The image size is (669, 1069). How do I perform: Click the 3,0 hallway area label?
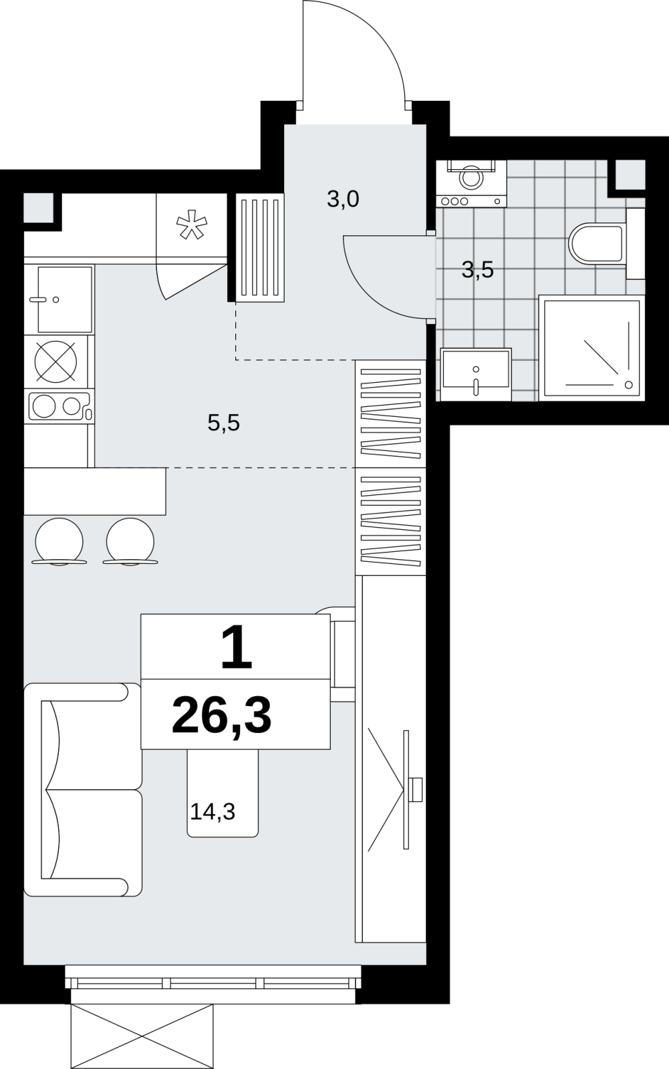coord(343,200)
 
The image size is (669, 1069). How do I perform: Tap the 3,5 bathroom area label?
coord(477,271)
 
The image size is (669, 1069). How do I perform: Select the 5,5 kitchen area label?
coord(223,423)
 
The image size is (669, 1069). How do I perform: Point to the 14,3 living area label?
coord(213,811)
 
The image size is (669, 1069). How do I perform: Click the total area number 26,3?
coord(222,716)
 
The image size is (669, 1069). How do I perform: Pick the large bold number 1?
coord(237,648)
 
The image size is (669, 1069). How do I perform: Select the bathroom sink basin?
coord(476,374)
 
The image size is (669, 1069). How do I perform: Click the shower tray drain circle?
coord(628,385)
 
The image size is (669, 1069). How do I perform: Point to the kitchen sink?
coord(64,299)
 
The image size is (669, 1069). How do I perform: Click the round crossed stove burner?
coord(56,361)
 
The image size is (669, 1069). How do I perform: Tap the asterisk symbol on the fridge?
coord(192,224)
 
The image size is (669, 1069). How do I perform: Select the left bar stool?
coord(59,542)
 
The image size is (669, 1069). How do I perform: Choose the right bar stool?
coord(130,542)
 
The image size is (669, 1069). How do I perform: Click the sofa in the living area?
coord(83,789)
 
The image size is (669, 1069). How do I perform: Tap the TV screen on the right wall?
coord(406,790)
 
